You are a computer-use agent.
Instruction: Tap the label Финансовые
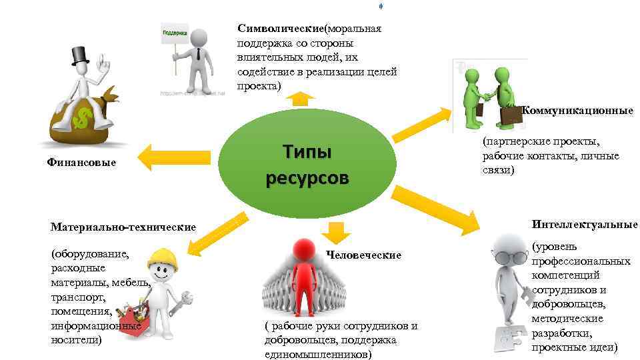[x=81, y=162]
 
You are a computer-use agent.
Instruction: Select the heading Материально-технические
[x=123, y=227]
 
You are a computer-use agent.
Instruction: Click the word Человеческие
[x=364, y=255]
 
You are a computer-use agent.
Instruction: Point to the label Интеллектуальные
[x=584, y=225]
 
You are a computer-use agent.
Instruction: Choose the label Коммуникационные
[x=577, y=111]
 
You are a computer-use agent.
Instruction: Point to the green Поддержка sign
[x=175, y=32]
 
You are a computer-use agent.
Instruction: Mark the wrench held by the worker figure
[x=182, y=301]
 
